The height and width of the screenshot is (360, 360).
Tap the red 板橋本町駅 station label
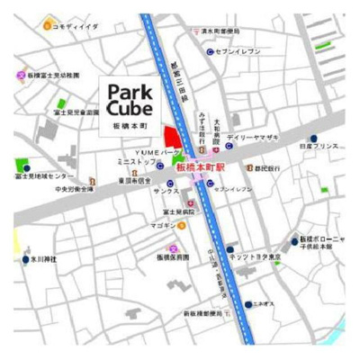202,167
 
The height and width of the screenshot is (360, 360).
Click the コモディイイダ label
75,28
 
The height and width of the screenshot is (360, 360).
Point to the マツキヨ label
164,225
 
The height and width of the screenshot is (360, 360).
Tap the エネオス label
264,304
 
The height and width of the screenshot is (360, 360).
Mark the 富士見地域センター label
44,176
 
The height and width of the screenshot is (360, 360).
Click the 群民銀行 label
268,168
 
